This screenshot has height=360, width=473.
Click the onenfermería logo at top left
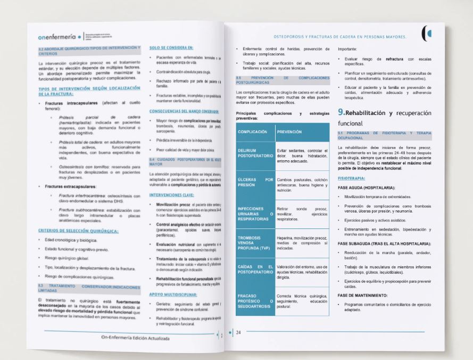tap(60, 38)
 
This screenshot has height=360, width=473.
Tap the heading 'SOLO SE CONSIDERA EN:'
tap(171, 48)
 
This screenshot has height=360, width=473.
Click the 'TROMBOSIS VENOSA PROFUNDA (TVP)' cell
tap(254, 240)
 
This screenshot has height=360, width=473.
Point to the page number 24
tap(238, 333)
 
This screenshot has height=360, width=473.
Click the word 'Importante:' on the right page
tap(348, 48)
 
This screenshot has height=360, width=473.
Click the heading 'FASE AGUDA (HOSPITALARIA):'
tap(366, 188)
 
